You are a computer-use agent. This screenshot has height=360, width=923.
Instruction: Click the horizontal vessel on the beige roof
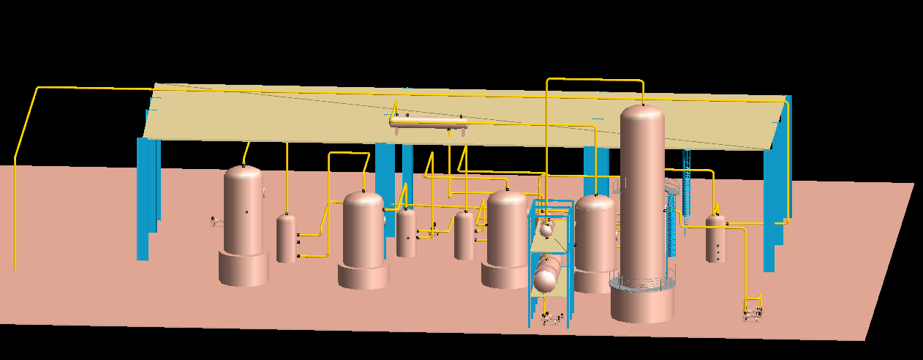[x=429, y=122]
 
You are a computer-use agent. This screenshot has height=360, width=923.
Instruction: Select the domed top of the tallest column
[x=642, y=117]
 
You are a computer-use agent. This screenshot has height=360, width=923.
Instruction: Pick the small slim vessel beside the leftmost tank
[x=286, y=238]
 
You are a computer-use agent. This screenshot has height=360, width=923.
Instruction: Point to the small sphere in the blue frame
[x=546, y=230]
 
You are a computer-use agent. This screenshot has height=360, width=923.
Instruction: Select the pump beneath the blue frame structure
[x=552, y=318]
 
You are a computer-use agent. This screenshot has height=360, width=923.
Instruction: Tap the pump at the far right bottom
[x=753, y=313]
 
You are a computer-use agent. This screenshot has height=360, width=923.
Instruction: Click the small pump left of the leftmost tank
[x=216, y=220]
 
